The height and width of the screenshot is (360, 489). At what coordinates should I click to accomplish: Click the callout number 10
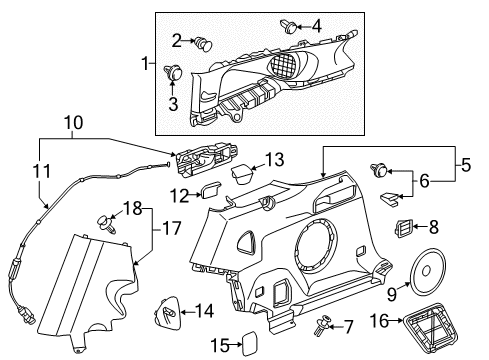point(74,123)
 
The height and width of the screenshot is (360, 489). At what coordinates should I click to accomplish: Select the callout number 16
point(379,321)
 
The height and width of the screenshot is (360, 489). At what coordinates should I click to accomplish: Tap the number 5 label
point(466,165)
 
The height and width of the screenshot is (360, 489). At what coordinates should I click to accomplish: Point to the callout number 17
point(172,228)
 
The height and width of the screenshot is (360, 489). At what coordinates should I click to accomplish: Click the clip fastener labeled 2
point(203,44)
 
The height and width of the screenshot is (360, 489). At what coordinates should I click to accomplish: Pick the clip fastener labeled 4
point(289,26)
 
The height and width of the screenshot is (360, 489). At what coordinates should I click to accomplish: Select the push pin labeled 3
point(174,73)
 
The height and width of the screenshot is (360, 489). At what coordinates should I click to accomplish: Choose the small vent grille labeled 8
point(403,228)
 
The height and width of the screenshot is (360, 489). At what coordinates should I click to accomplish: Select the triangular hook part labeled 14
point(167,310)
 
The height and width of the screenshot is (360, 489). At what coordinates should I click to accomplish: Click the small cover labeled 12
point(210,190)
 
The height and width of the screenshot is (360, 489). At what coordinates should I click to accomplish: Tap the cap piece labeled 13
point(242,174)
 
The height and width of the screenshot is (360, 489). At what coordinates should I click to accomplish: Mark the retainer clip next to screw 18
point(107,224)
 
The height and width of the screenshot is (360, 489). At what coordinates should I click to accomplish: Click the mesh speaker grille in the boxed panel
point(283,64)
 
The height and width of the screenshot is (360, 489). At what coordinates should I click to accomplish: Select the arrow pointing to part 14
point(188,312)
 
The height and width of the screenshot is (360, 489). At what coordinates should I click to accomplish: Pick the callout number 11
point(42,171)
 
